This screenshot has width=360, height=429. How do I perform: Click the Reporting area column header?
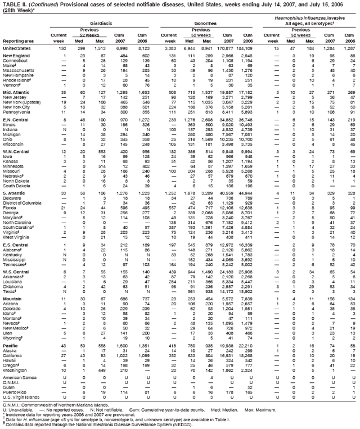tap(17, 41)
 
